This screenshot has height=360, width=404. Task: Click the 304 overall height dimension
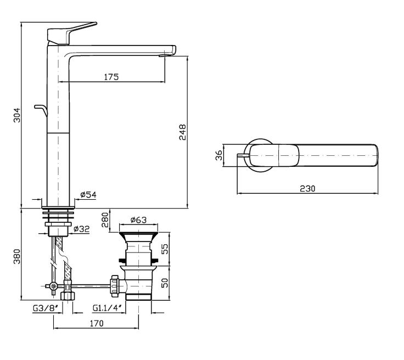point(17,115)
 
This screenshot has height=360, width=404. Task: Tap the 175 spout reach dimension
point(111,77)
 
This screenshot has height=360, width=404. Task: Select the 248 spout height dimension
point(182,132)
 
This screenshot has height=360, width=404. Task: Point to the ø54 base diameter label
point(88,195)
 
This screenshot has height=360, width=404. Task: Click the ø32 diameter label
point(81,229)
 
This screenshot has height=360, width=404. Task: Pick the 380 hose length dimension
point(17,256)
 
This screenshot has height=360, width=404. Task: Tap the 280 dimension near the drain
point(105,220)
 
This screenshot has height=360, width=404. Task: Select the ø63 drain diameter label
point(138,220)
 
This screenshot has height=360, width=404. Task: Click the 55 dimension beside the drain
point(165,249)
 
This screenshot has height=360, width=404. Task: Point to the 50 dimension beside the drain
point(165,283)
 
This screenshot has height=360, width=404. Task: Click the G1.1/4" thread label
point(109,308)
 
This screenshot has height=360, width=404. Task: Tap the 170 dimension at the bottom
point(97,323)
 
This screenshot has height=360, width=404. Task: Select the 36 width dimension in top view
point(219,155)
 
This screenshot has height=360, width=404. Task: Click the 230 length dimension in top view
point(307,188)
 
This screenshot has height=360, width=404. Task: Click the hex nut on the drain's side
point(114,285)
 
